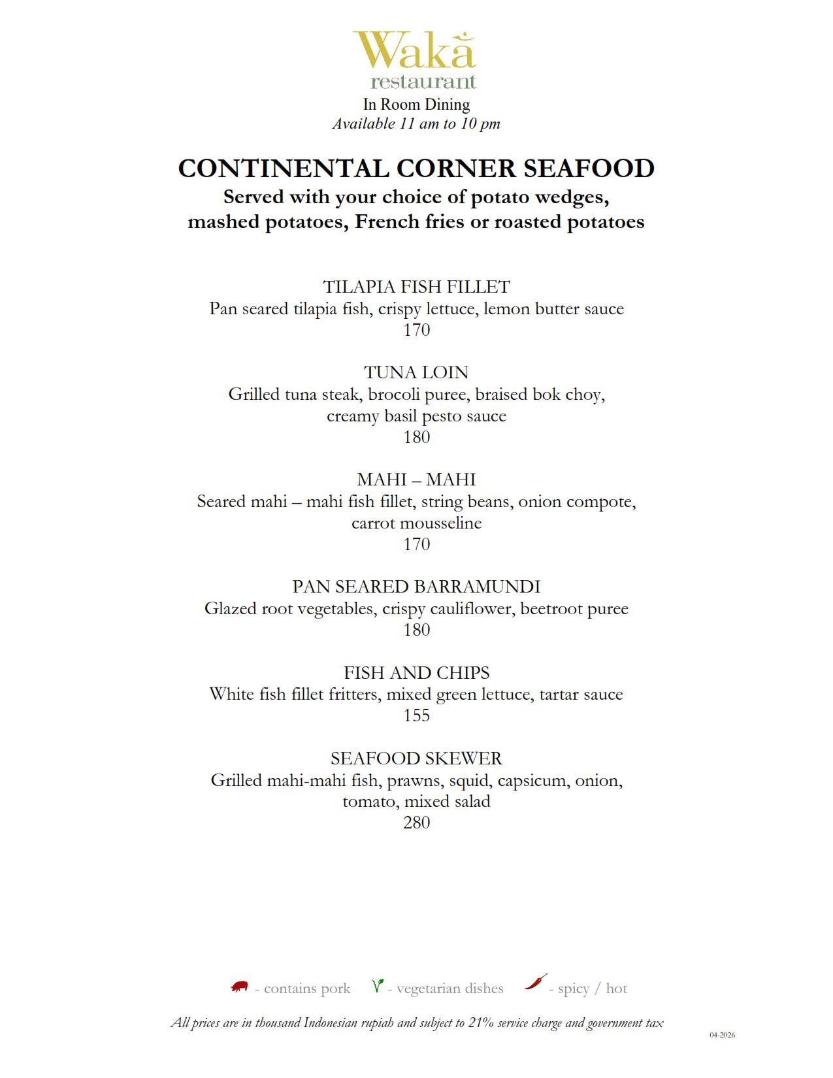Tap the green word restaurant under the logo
423,82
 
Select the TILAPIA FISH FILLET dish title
416,287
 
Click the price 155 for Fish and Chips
416,715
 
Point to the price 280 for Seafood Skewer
416,823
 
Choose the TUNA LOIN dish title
416,372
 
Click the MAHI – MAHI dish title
416,480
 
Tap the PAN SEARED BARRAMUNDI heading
416,587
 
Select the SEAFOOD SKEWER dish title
416,759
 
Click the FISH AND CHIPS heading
416,673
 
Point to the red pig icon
240,987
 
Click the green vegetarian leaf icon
377,985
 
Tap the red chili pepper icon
536,982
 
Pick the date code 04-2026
722,1035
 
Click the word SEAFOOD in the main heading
589,169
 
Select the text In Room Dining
416,105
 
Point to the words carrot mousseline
416,523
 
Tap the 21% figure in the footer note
481,1023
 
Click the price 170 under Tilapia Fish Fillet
416,330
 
